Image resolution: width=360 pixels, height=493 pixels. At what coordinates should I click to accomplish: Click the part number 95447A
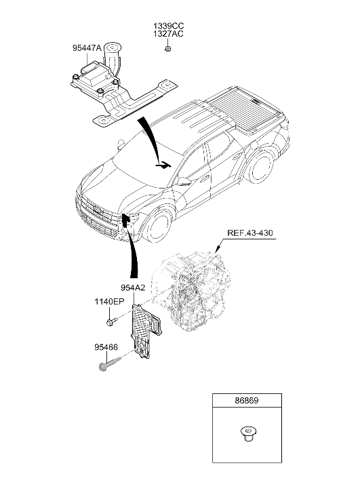[87, 48]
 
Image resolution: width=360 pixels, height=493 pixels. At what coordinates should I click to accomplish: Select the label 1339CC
[168, 26]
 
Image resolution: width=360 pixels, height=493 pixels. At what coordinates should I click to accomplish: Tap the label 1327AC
[168, 34]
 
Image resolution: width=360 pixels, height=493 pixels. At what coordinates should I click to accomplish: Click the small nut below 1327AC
[168, 49]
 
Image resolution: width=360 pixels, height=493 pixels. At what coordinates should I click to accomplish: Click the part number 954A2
[134, 288]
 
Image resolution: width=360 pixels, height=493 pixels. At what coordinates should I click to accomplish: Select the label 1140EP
[109, 302]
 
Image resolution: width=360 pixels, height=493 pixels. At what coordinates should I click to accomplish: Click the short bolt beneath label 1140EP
[112, 322]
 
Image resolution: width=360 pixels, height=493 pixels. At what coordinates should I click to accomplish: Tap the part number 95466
[106, 347]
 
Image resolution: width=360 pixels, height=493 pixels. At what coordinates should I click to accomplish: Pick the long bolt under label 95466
[110, 363]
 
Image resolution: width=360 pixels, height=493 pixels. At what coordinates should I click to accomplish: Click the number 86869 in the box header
[247, 401]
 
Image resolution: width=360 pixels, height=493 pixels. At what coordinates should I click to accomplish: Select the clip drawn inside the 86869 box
[247, 433]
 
